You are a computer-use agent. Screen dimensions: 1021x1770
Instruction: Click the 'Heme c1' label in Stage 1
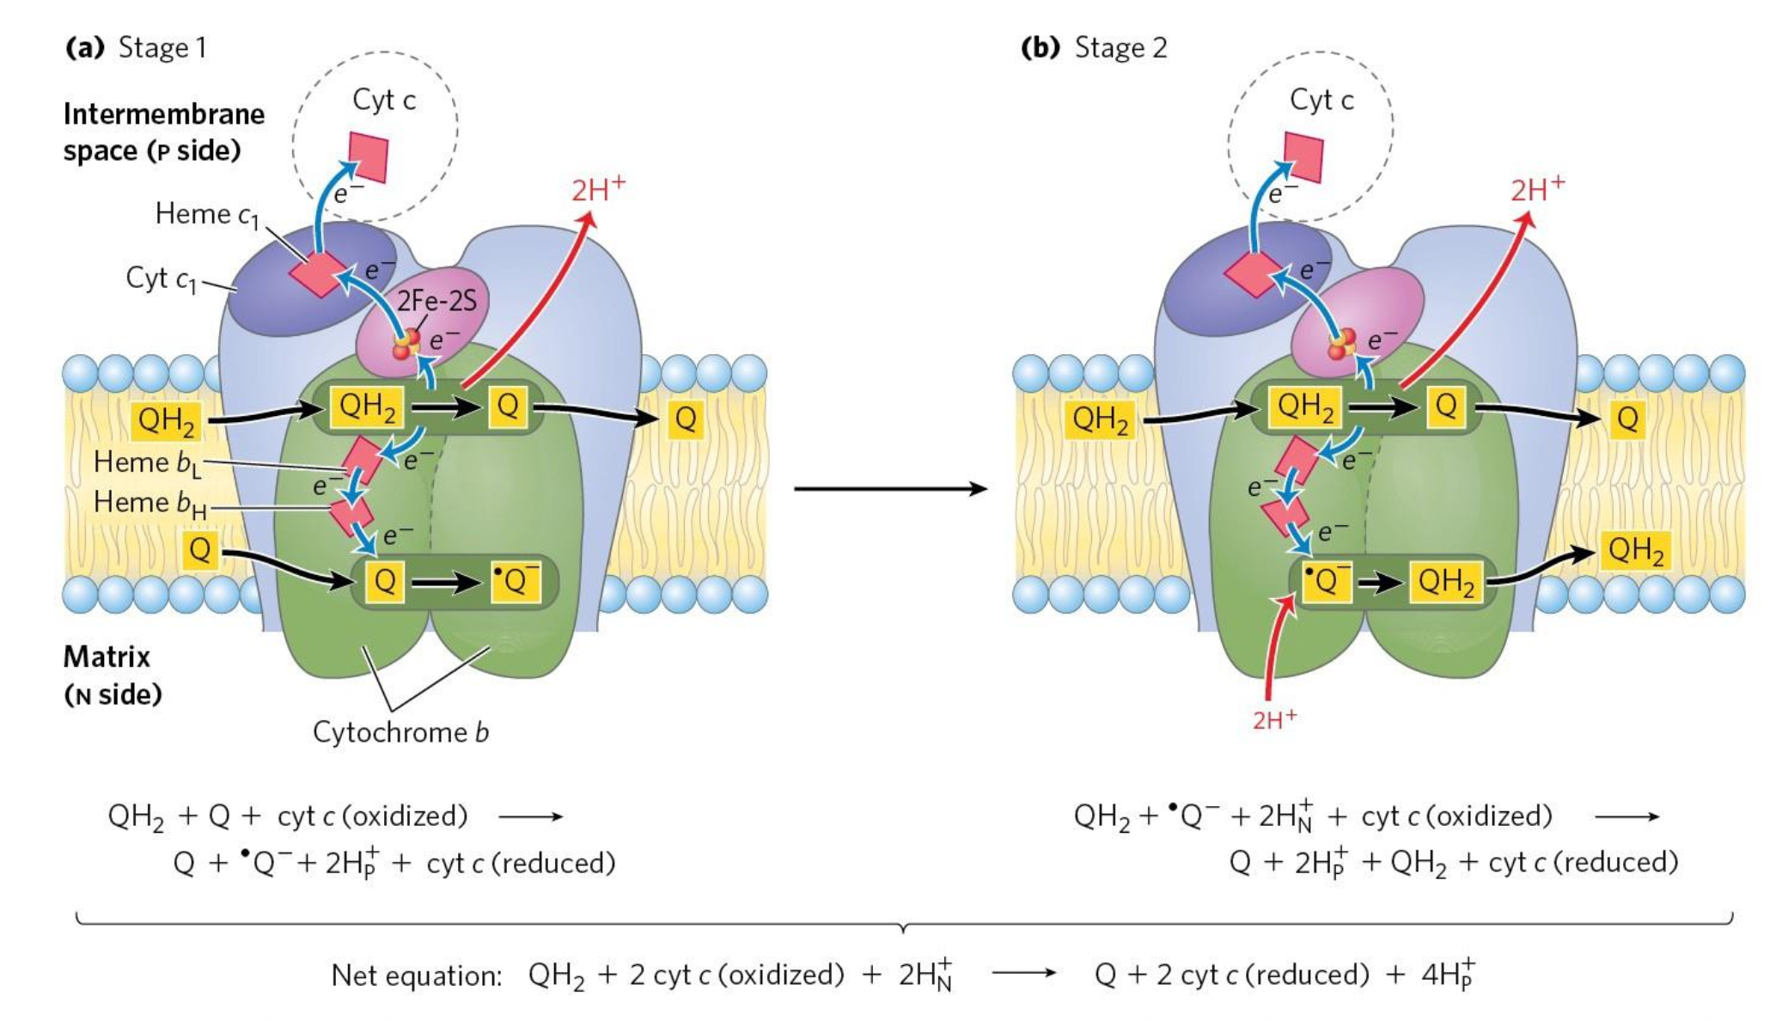[206, 214]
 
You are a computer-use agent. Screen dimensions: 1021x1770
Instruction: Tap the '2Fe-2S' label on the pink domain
[436, 301]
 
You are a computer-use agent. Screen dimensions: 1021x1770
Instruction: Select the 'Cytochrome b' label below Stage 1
[400, 732]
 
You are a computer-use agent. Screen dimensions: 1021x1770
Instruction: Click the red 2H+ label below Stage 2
[1273, 719]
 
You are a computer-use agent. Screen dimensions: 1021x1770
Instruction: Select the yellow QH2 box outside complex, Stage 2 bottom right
[1635, 550]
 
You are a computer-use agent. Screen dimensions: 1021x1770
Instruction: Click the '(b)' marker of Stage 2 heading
[1041, 47]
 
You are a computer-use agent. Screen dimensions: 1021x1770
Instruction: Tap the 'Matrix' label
[107, 657]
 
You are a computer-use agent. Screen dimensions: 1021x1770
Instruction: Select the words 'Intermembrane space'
[163, 131]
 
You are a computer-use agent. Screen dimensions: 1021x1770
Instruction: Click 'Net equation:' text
[416, 975]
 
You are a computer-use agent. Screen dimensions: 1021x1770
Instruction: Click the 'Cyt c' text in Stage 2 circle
[1321, 101]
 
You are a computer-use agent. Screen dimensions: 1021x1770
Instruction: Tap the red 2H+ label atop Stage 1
[598, 189]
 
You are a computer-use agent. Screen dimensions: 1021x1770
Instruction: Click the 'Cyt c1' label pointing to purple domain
[161, 278]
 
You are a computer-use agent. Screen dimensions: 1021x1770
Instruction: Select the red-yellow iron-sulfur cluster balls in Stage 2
[1340, 343]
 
